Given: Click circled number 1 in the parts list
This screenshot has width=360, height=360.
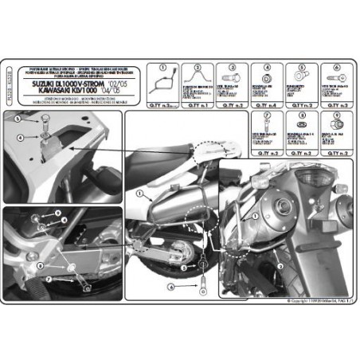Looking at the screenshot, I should point(162,68).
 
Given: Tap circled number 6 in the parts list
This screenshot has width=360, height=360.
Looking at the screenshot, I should point(336,68).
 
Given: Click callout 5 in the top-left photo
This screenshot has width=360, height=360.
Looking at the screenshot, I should point(16,119).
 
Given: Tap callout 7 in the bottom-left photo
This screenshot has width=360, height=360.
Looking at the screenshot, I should point(47,280).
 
